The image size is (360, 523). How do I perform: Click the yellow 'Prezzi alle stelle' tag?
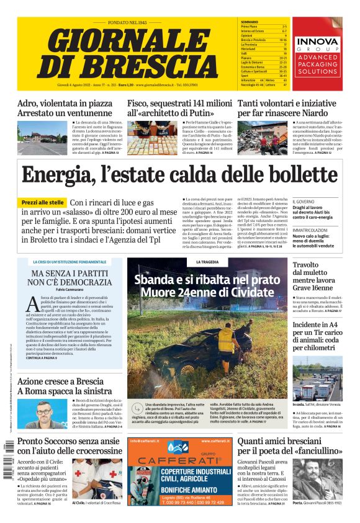coord(43,203)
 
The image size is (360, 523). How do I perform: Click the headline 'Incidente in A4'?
coord(315,324)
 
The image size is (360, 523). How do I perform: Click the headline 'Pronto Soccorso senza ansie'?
coord(68,441)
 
